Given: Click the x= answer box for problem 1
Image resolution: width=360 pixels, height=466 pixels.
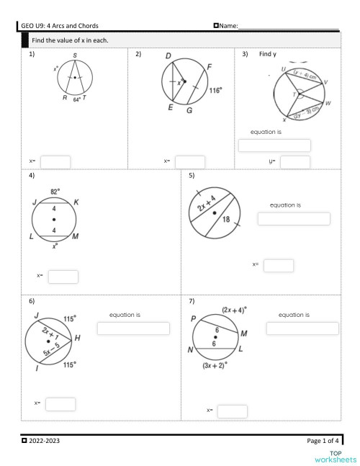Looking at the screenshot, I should tap(55, 162).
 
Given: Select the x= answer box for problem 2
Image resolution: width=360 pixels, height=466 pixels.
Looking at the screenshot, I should tap(190, 162).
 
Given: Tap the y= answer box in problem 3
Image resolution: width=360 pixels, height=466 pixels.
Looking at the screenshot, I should tap(294, 162).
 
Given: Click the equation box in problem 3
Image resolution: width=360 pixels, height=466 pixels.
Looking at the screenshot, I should tap(274, 145).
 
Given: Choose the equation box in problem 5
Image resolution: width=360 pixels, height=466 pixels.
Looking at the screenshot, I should tap(294, 219).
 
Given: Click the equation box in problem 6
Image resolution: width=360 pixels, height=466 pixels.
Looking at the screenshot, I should tap(133, 328).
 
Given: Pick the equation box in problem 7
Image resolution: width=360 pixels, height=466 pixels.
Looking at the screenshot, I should tap(302, 328).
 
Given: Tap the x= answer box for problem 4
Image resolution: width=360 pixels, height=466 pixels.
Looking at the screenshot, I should tap(63, 277).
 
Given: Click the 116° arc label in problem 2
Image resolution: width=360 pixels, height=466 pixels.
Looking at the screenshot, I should tap(215, 91).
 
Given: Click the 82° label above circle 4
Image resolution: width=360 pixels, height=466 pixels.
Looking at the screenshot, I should tap(55, 192).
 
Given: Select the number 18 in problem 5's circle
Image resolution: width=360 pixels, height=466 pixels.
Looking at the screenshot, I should tap(227, 220).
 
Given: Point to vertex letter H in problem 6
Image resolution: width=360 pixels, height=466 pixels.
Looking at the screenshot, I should tap(77, 337).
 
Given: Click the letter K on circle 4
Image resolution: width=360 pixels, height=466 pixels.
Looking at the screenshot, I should tap(76, 202).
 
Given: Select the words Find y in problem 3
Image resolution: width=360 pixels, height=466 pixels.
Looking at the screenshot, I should tap(268, 54).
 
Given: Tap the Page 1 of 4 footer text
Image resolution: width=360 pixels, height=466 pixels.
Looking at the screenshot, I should tap(323, 439).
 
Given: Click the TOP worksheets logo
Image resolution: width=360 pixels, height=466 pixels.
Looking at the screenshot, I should tap(336, 456).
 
